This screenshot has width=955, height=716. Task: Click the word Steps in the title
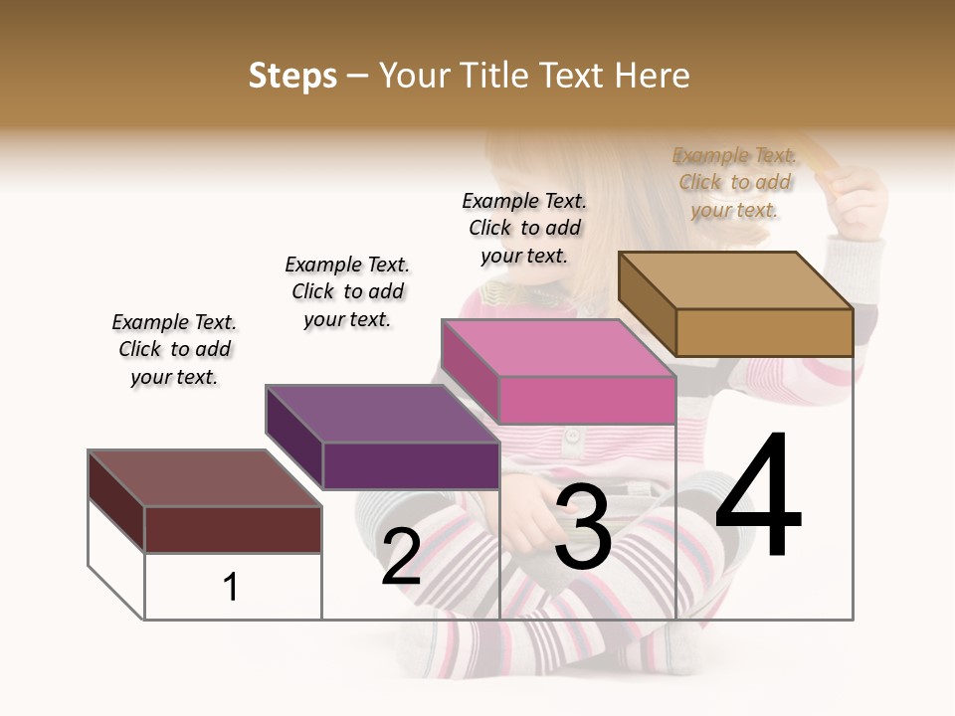[x=292, y=76]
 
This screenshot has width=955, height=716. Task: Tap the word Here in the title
[x=653, y=76]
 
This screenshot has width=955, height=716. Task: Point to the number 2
[x=401, y=557]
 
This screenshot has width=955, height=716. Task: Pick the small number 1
[x=231, y=588]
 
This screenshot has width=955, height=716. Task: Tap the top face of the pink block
[x=557, y=348]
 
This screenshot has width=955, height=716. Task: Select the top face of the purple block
[x=382, y=414]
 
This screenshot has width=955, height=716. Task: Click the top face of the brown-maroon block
[x=205, y=478]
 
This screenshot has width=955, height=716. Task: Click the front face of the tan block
[x=764, y=332]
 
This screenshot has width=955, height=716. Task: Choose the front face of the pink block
[x=587, y=400]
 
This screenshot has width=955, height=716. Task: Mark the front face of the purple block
[x=411, y=465]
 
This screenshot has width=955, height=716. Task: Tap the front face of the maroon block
[x=233, y=529]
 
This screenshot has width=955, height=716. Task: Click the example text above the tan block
[x=734, y=182]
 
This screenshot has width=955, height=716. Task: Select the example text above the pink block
[x=524, y=228]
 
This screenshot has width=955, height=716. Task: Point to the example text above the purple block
[x=347, y=291]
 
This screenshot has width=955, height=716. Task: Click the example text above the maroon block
[x=174, y=349]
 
